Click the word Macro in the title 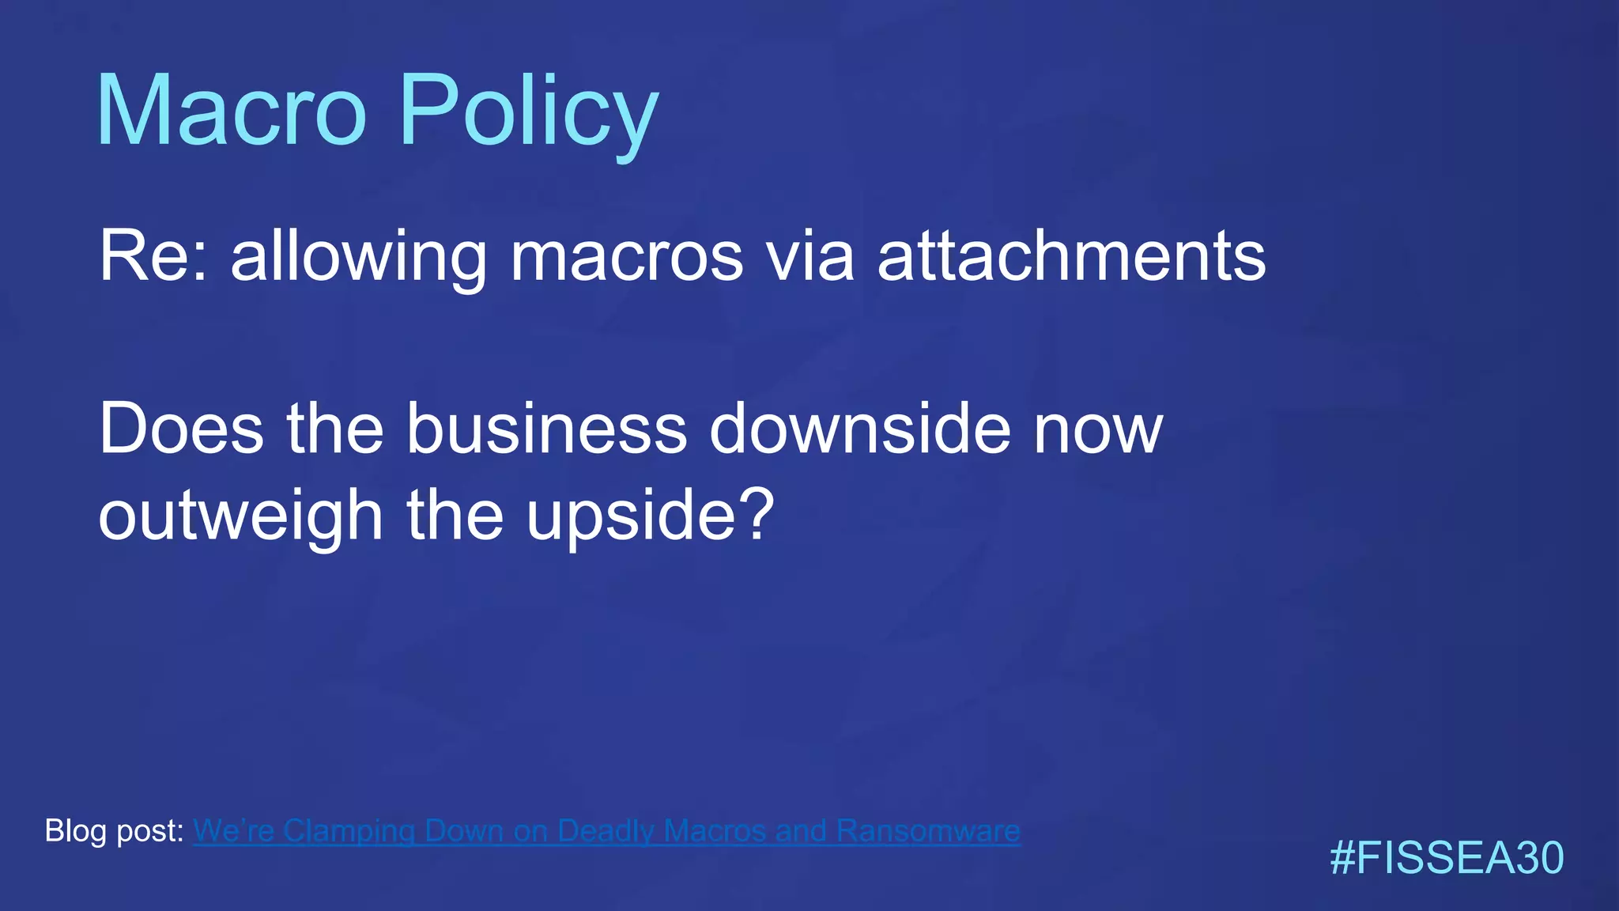[x=231, y=111]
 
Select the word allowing [x=359, y=256]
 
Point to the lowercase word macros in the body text [x=627, y=256]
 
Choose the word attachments [x=1072, y=256]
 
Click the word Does [x=181, y=429]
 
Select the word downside [x=860, y=429]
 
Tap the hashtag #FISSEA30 [x=1447, y=859]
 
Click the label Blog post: [x=115, y=831]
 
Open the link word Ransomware [x=928, y=831]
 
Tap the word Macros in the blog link [x=716, y=831]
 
